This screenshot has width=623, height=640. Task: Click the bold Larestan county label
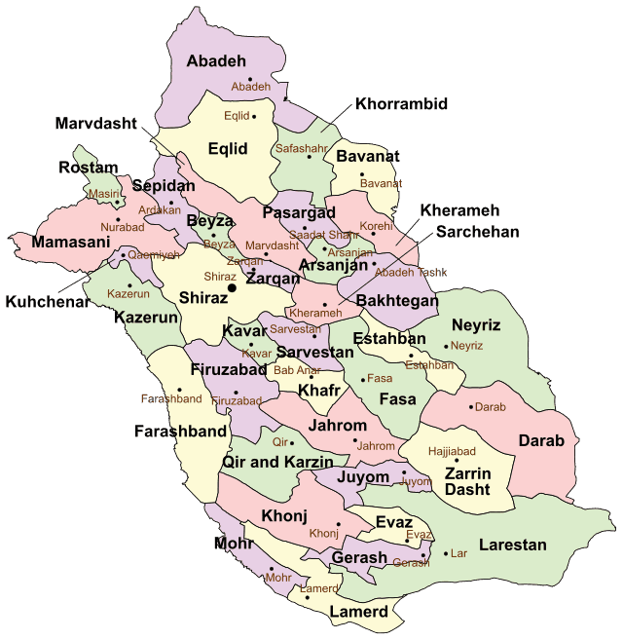513,546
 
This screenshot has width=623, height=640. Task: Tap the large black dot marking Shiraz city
232,288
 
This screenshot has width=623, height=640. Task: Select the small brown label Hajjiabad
452,452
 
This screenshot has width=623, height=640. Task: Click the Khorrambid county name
402,103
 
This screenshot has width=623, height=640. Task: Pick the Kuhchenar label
48,302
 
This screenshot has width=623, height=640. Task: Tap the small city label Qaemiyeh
154,254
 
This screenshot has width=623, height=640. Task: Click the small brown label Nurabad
122,227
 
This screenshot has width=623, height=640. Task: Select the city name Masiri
103,194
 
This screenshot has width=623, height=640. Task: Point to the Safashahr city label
301,149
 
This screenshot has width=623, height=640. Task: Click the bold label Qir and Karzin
278,462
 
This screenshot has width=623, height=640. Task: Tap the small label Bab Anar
297,370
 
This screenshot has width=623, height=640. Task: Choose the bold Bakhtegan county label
397,301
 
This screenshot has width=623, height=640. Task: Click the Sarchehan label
477,232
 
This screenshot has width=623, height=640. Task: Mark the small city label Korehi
375,226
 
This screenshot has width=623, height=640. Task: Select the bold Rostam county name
89,168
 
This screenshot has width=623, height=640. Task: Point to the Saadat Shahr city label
324,235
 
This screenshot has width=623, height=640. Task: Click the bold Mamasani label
71,242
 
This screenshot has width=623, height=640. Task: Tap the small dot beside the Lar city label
445,553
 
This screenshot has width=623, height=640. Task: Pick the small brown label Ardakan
160,209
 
